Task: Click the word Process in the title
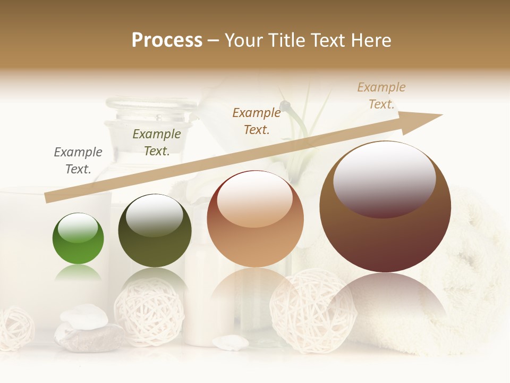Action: pyautogui.click(x=167, y=40)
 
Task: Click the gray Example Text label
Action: pyautogui.click(x=78, y=161)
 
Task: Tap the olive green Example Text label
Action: pyautogui.click(x=157, y=143)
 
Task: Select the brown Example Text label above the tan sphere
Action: pyautogui.click(x=257, y=121)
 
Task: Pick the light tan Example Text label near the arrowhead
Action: pyautogui.click(x=381, y=96)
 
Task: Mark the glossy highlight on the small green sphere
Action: pyautogui.click(x=78, y=228)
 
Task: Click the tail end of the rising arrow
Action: pyautogui.click(x=50, y=197)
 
